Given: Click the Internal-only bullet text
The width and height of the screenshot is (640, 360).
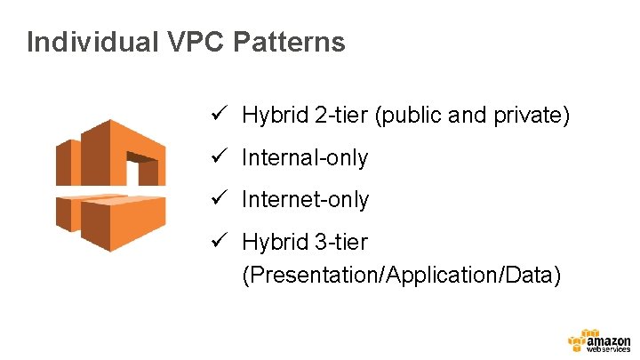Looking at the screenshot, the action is coord(305,158).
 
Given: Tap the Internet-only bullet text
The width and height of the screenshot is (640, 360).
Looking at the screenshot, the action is coord(305,200).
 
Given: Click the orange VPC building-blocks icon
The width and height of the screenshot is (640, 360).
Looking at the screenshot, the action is coord(110,185).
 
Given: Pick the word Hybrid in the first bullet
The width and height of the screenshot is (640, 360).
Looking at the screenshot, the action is coord(271,116).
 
